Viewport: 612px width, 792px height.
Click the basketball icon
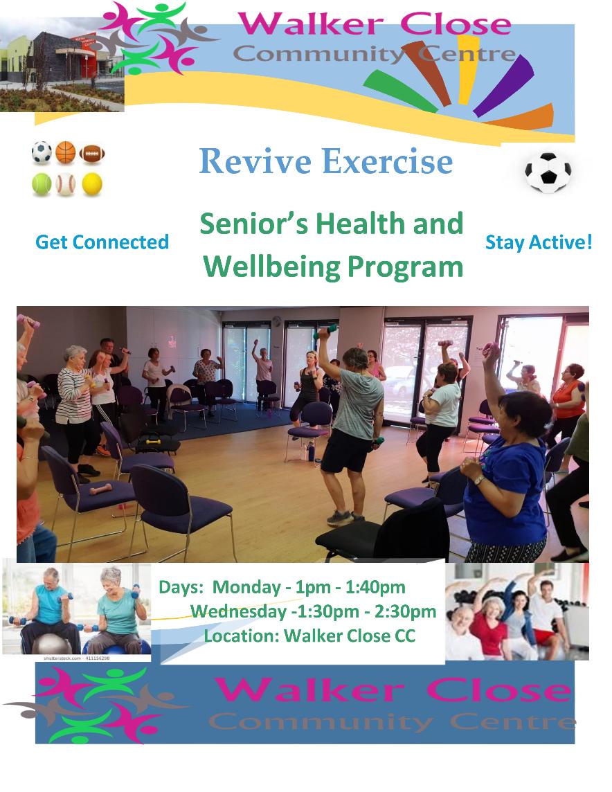(66, 152)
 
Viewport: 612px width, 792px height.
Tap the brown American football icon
(92, 154)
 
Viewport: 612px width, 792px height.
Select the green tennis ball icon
(42, 184)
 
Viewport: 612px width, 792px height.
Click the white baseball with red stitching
(66, 184)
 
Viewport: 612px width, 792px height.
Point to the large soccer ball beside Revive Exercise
(548, 172)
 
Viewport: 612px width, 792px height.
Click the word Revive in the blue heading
(255, 161)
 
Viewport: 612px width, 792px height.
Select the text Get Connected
(102, 242)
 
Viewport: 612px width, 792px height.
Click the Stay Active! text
(539, 242)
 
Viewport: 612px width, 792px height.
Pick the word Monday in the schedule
(246, 588)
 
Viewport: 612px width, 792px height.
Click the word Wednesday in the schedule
(238, 612)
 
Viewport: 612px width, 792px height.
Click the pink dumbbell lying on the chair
(100, 489)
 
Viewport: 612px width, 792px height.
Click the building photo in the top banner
(62, 64)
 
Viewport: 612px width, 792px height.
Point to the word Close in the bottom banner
(498, 690)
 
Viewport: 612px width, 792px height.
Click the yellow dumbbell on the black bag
(153, 442)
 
